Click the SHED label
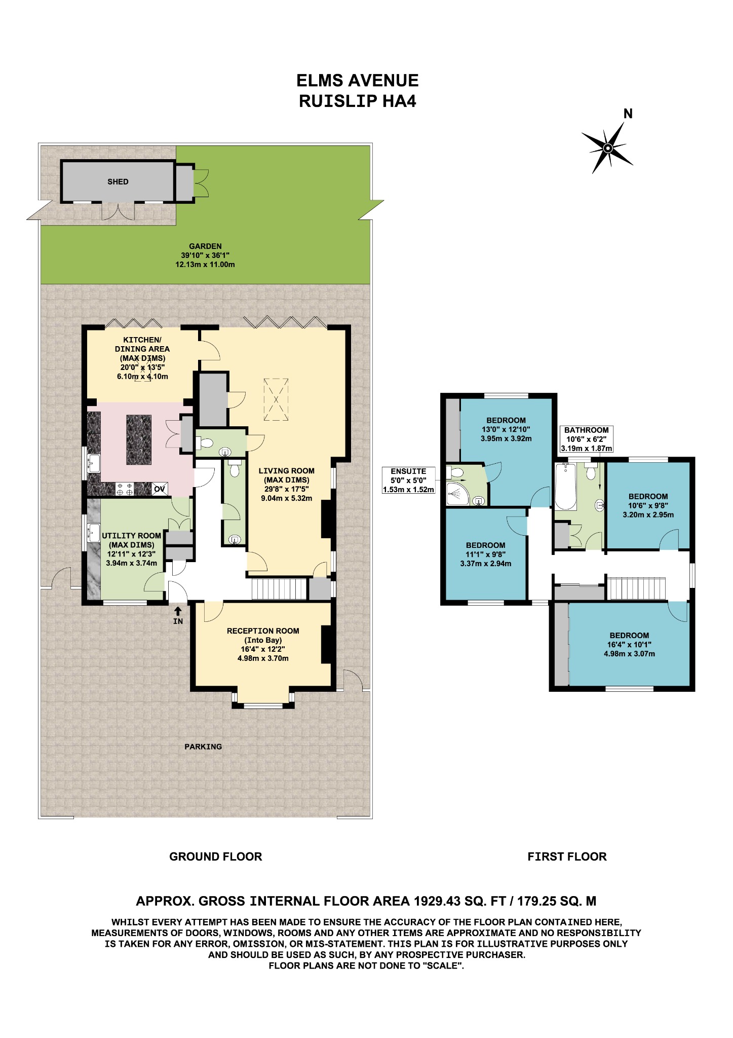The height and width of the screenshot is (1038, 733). click(x=118, y=181)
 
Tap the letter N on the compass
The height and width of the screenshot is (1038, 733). click(x=628, y=114)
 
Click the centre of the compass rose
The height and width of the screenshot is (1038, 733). click(x=608, y=148)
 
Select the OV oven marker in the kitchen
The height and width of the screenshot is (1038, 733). click(x=160, y=489)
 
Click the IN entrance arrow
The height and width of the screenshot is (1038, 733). click(x=178, y=612)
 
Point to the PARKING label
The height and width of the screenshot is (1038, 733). click(x=203, y=746)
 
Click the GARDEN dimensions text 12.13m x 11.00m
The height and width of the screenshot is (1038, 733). click(x=205, y=265)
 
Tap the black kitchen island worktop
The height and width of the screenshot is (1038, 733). click(x=139, y=439)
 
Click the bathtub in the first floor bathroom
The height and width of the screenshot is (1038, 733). click(x=565, y=486)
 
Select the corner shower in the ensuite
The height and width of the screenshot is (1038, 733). click(x=457, y=494)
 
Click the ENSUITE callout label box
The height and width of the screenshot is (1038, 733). click(x=408, y=480)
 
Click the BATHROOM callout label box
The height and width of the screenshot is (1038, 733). click(x=586, y=439)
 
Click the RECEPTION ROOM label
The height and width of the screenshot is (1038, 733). click(x=263, y=631)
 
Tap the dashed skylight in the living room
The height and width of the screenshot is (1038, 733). click(x=276, y=399)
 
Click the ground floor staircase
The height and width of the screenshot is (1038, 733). click(x=279, y=589)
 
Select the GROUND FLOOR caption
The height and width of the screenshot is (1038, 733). click(x=215, y=857)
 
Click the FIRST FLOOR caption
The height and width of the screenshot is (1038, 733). click(x=567, y=857)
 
